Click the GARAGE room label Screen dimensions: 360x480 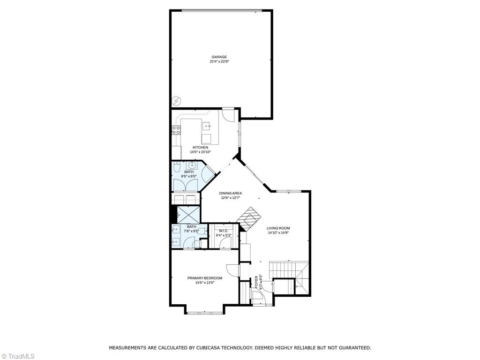coord(219,57)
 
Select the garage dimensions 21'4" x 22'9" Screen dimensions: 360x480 coord(219,61)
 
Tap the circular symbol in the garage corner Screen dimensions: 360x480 coord(176,101)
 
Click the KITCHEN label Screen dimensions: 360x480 coord(200,147)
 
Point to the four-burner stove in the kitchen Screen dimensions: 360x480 coord(176,130)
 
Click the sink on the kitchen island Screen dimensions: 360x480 coord(206,126)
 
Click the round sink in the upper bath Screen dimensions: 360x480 coord(193,165)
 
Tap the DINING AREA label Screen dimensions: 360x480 coord(231,193)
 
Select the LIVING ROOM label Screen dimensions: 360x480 coord(279,228)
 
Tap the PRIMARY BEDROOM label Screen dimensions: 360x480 coord(205,278)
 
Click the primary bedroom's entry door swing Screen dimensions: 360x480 coord(233,270)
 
